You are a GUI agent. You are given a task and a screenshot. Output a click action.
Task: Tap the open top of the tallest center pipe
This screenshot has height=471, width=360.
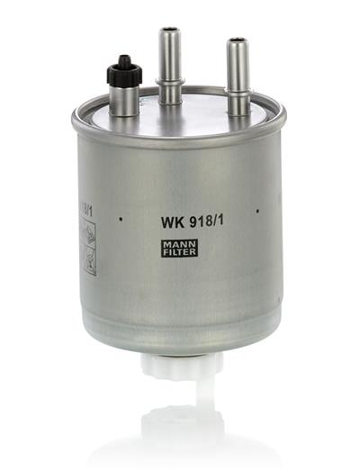click(169, 32)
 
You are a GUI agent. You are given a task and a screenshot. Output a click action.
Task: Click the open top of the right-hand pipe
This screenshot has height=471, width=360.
click(238, 41)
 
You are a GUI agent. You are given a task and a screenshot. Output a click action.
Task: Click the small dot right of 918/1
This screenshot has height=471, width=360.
click(257, 211)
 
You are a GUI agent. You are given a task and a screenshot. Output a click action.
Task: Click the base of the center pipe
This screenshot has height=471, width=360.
click(169, 101)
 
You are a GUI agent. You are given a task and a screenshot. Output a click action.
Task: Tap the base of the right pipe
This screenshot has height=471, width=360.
click(238, 110)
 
